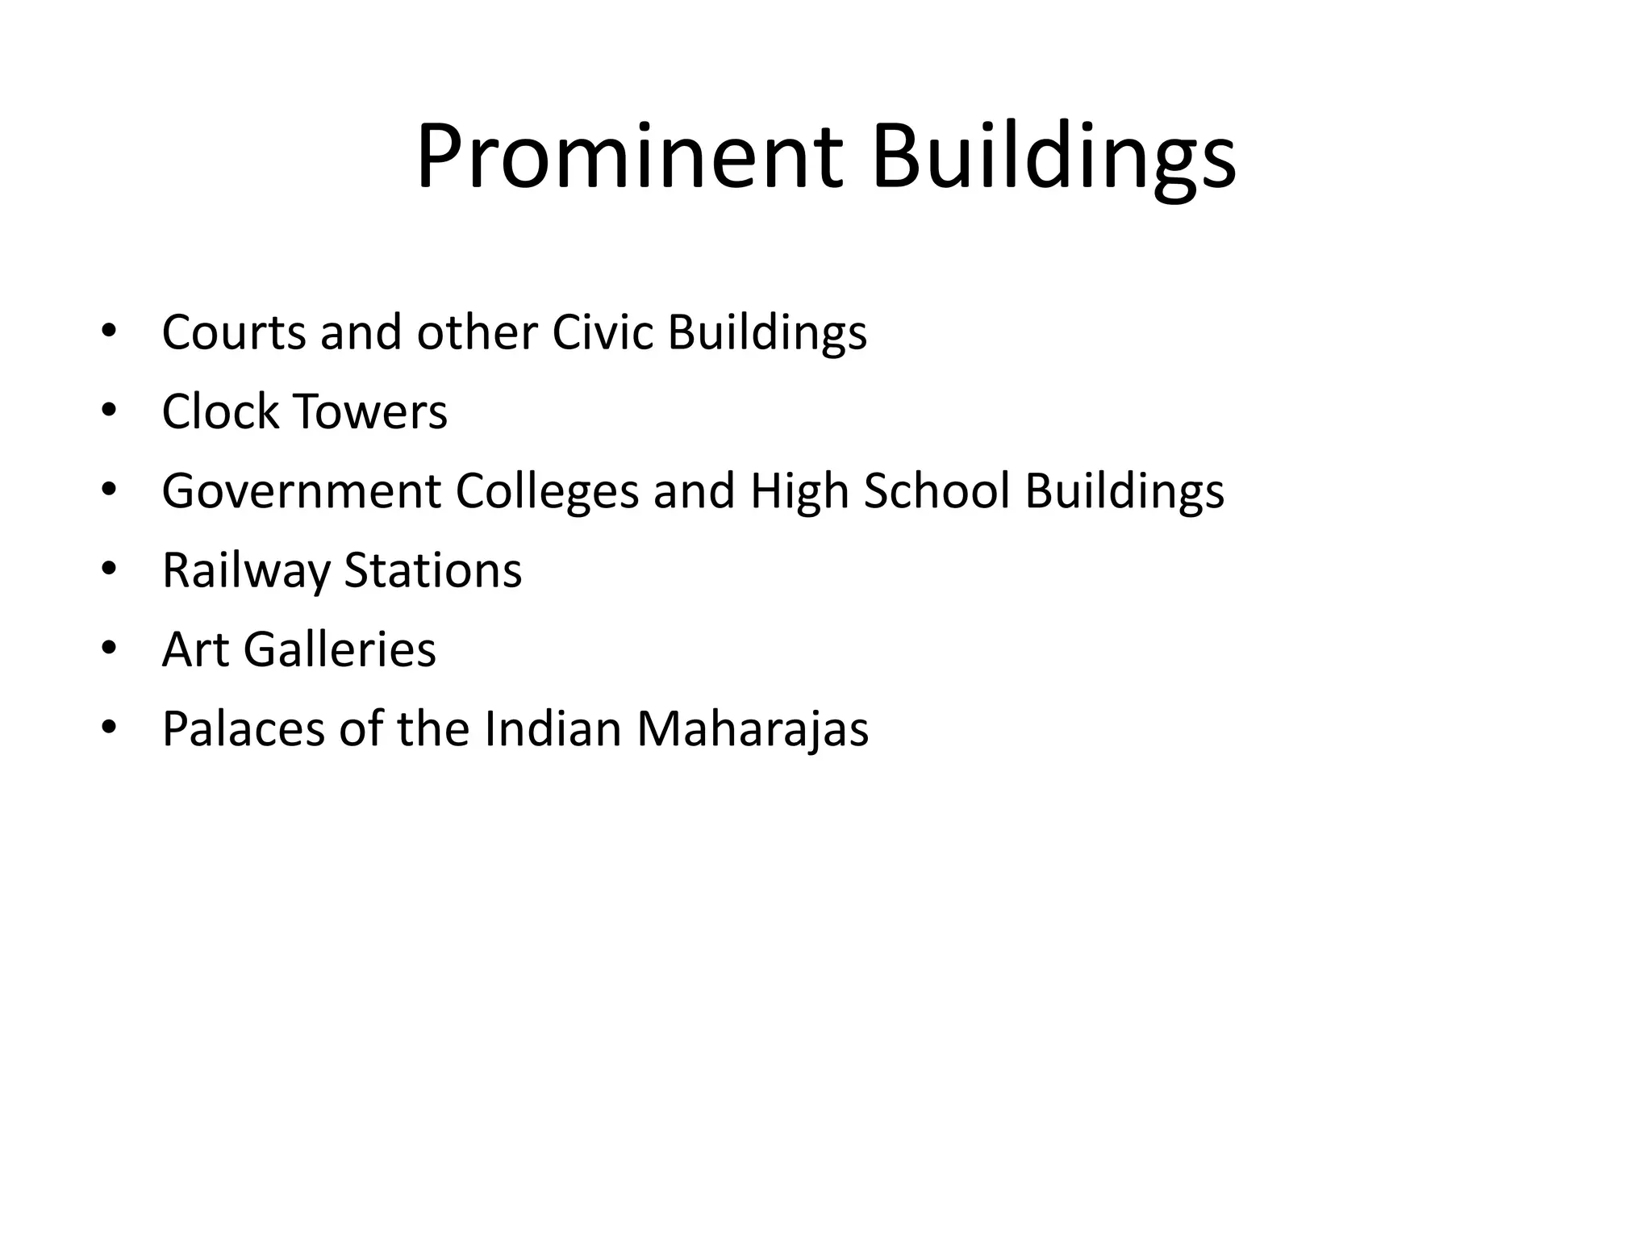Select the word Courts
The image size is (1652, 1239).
[233, 332]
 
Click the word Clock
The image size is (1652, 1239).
[219, 411]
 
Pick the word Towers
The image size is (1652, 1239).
[370, 411]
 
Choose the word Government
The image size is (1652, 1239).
[301, 490]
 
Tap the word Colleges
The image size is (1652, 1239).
[547, 490]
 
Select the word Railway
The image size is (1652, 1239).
[246, 570]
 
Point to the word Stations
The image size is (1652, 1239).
[433, 570]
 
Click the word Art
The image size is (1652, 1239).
[196, 649]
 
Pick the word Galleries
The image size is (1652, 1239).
[340, 649]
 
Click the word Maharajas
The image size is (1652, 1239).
[753, 728]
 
